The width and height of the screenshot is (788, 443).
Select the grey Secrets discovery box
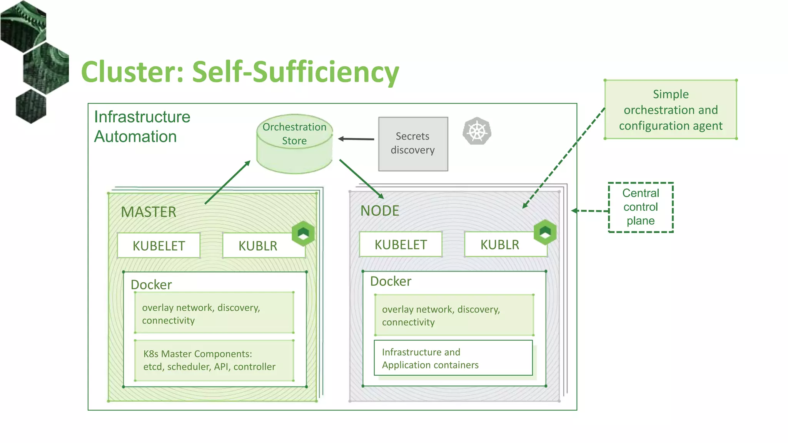(413, 144)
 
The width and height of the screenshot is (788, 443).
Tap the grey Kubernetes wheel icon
(477, 131)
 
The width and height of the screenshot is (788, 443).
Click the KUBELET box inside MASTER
(159, 246)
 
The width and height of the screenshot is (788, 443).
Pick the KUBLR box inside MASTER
(258, 246)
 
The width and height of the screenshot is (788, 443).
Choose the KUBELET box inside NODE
(401, 245)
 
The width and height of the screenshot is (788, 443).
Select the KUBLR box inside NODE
(499, 245)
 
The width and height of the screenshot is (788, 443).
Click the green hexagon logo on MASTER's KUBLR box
(303, 233)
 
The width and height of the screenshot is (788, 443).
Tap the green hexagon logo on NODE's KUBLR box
(545, 232)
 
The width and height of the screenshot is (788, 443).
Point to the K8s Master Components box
(214, 360)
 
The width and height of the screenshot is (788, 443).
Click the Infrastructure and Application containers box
(453, 358)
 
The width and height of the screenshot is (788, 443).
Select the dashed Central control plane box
(641, 207)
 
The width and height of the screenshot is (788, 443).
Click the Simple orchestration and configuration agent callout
(671, 110)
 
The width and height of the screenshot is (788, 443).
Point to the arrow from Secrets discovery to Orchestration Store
(356, 139)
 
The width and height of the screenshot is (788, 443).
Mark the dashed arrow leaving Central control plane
(591, 211)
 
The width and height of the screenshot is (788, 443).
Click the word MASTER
(149, 212)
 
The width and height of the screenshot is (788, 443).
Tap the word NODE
(380, 211)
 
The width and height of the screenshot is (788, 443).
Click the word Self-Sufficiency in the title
(295, 72)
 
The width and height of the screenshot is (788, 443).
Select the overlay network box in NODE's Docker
(454, 315)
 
